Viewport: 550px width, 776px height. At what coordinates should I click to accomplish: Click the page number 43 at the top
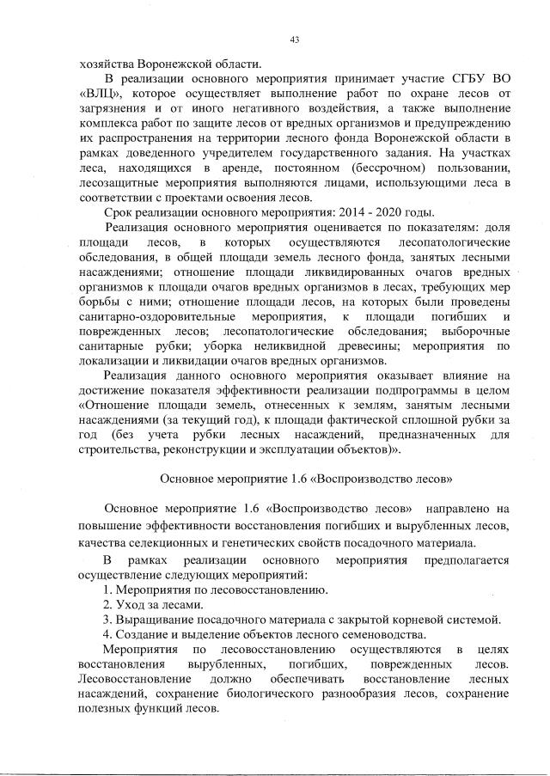(295, 40)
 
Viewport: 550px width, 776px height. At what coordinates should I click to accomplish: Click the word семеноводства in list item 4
(384, 635)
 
